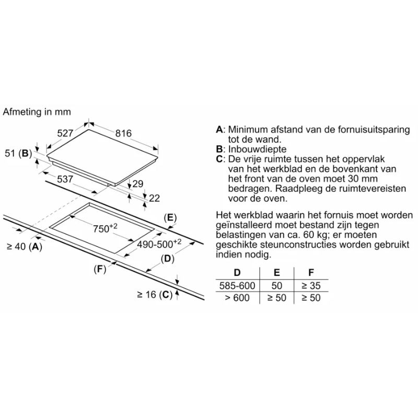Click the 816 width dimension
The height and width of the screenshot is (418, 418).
pos(123,133)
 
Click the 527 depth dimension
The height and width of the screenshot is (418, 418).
pos(65,133)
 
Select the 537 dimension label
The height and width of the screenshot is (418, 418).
pos(65,179)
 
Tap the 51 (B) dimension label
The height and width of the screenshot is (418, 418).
pos(18,153)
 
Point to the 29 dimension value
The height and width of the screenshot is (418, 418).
pos(138,184)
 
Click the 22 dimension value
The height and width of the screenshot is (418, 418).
pos(154,198)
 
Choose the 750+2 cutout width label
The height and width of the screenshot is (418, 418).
pos(105,228)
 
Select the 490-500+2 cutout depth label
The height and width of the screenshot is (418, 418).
pos(159,243)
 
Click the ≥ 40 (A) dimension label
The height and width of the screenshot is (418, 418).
pos(25,247)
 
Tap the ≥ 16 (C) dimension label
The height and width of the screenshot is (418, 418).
pos(155,295)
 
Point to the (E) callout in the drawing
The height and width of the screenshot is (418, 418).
pos(170,218)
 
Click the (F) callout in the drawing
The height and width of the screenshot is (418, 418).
pos(100,269)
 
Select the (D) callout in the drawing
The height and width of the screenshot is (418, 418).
pos(167,259)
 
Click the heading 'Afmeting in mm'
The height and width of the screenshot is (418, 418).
pos(37,112)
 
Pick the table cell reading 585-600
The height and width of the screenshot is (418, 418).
pos(237,285)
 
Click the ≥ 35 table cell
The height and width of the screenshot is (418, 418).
pos(311,285)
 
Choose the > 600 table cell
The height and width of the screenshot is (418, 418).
pos(237,298)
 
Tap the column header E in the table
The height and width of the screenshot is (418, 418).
pos(277,272)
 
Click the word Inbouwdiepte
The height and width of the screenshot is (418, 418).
pos(257,149)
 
